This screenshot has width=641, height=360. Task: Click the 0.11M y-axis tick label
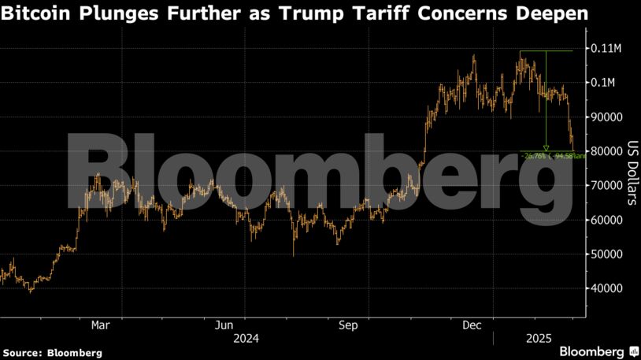pos(607,48)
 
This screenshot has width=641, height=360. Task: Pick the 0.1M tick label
pos(605,83)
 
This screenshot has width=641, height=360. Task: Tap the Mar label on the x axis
pos(100,325)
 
